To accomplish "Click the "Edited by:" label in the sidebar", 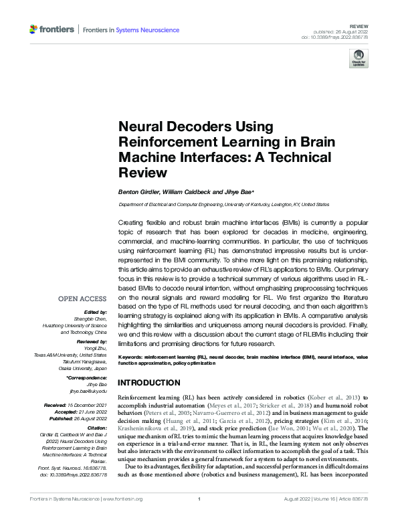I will (x=94, y=313).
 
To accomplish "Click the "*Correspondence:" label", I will (x=88, y=377).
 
